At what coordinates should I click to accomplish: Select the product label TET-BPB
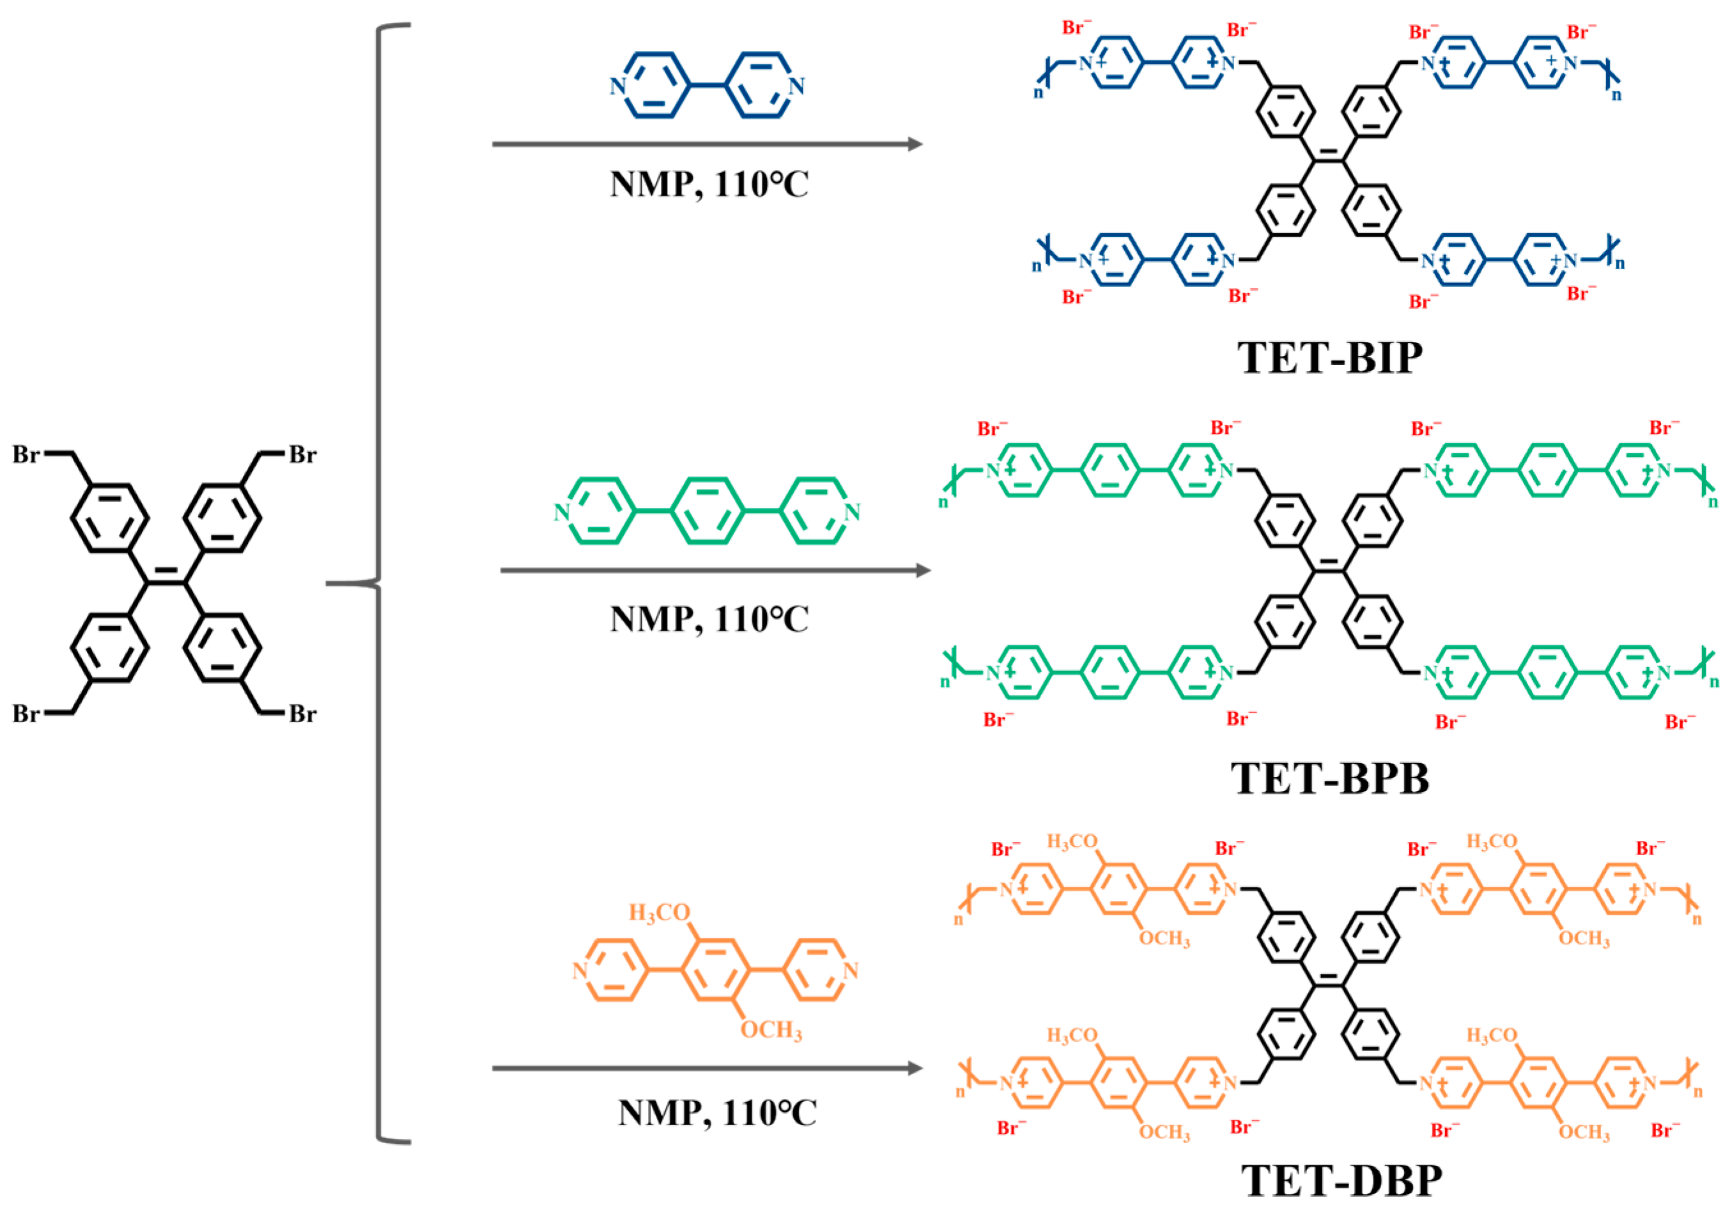(1329, 778)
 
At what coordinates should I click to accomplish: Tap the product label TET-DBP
(1342, 1181)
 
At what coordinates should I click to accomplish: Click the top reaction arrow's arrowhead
(915, 144)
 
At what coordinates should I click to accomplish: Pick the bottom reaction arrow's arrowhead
(915, 1068)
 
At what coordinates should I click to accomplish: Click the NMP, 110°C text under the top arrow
(709, 185)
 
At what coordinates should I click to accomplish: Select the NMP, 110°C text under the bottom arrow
(716, 1113)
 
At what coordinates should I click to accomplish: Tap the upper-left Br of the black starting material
(26, 455)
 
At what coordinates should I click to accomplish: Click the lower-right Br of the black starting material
(302, 713)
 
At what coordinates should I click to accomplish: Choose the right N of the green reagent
(853, 512)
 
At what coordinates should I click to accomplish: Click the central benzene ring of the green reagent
(707, 511)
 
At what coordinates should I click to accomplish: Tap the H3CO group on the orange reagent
(660, 913)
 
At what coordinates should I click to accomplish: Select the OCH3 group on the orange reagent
(771, 1030)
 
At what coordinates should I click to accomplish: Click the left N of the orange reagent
(579, 971)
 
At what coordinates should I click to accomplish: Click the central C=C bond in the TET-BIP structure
(1329, 158)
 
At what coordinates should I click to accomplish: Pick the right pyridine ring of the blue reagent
(762, 85)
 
